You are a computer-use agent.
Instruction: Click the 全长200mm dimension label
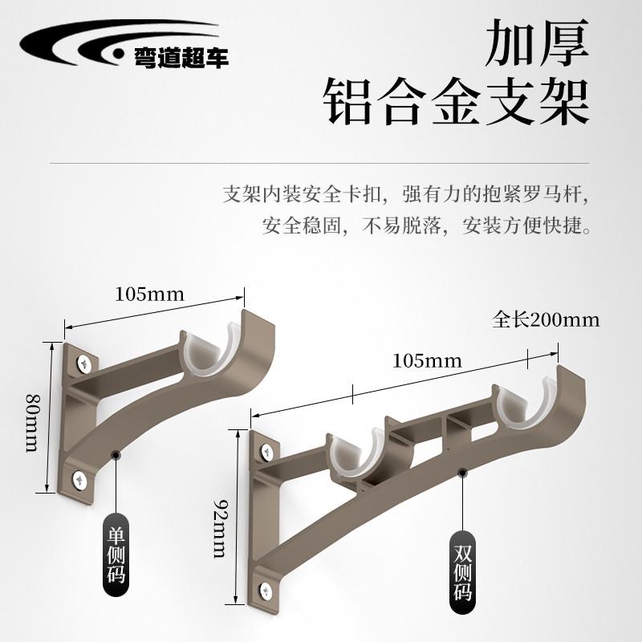(546, 320)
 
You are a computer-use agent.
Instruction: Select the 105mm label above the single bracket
(149, 294)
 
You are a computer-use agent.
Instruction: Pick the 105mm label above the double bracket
(427, 360)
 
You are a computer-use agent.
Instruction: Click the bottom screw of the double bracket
(263, 591)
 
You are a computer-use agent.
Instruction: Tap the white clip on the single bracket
(210, 352)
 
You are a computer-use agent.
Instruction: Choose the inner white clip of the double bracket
(356, 457)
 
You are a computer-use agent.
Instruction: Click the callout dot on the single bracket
(116, 455)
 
